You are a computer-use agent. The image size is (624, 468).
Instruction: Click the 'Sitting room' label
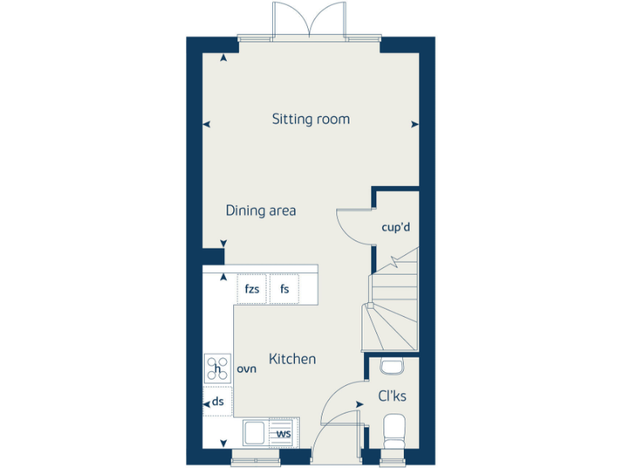click(x=310, y=119)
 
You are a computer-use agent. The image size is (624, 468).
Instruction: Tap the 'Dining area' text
click(x=260, y=211)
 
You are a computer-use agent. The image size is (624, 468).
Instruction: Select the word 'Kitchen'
click(x=292, y=359)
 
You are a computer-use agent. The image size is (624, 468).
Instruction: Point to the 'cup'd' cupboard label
click(x=396, y=227)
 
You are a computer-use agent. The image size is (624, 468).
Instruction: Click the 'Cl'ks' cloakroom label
click(x=392, y=396)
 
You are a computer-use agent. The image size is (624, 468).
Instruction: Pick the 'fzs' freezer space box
click(x=251, y=289)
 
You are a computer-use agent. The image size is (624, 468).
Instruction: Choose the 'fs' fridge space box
click(x=284, y=289)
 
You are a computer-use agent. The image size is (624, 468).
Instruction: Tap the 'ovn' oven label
click(x=246, y=369)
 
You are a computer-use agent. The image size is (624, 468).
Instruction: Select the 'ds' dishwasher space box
click(x=218, y=401)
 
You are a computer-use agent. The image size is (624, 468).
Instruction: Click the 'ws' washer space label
click(x=284, y=434)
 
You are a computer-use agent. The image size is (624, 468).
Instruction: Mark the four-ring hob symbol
click(x=217, y=369)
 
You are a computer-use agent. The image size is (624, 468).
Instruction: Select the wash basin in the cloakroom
click(x=391, y=366)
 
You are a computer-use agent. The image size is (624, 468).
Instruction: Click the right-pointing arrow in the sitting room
click(x=415, y=124)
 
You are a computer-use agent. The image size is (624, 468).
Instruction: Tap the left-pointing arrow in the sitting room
click(x=206, y=124)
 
